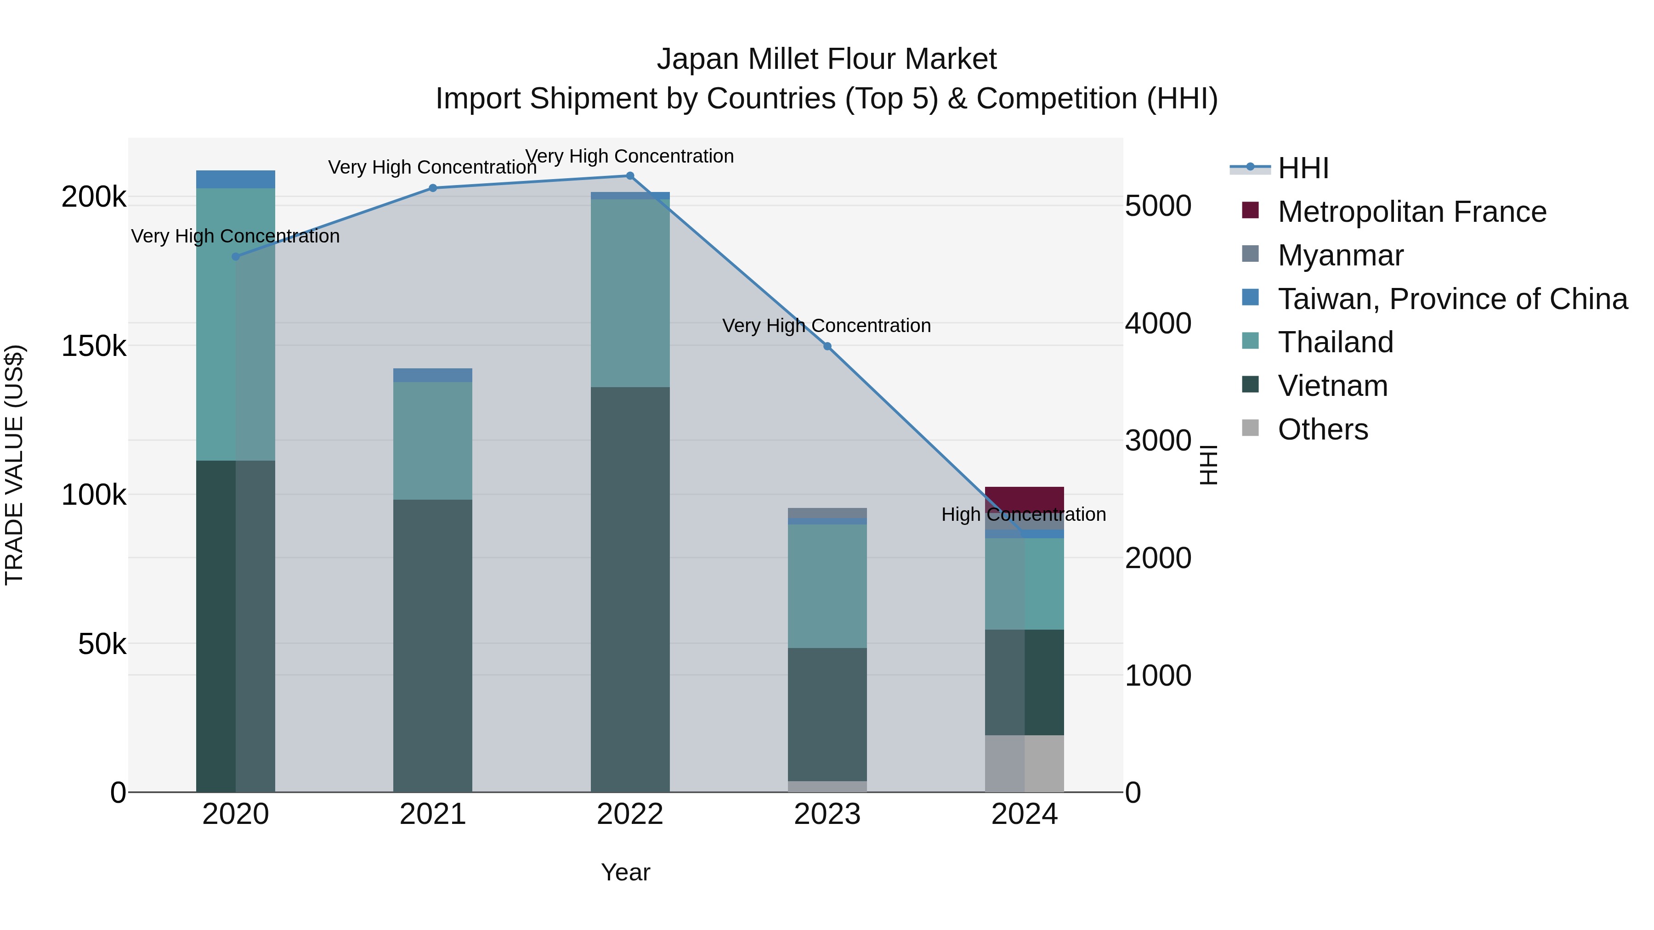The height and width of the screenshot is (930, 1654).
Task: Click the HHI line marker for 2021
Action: (x=433, y=188)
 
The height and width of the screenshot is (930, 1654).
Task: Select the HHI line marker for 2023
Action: (x=827, y=347)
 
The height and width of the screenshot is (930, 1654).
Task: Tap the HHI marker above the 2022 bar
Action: (x=630, y=176)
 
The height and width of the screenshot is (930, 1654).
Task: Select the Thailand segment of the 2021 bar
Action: (x=433, y=441)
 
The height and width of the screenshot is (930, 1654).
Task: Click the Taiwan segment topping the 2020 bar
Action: (x=236, y=179)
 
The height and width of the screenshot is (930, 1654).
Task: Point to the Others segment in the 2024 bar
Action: (x=1024, y=764)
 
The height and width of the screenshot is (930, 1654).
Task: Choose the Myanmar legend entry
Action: (x=1340, y=255)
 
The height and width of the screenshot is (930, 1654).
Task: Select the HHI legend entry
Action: (x=1303, y=168)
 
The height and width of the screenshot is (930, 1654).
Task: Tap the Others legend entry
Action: (x=1323, y=429)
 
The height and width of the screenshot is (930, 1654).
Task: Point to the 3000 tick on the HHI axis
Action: (x=1158, y=441)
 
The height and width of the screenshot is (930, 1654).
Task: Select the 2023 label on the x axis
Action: (x=827, y=814)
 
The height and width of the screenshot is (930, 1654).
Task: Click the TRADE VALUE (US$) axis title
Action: (x=14, y=465)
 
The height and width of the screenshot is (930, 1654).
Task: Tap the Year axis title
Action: (x=625, y=872)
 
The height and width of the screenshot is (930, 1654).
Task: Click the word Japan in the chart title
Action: (x=697, y=59)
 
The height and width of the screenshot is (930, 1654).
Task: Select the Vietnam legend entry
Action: (x=1332, y=386)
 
